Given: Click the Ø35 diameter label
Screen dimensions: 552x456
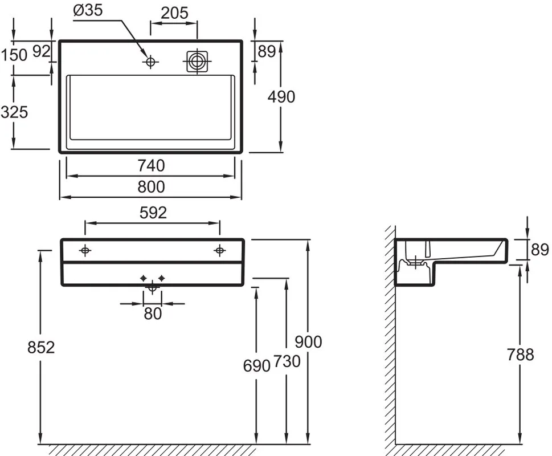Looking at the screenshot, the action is [x=88, y=10].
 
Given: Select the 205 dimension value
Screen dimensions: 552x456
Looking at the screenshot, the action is [x=175, y=13].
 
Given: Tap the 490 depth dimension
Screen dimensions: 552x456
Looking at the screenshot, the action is [x=281, y=97].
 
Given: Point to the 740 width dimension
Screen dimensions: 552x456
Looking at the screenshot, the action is [x=151, y=165].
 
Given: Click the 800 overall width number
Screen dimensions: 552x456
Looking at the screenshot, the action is [x=151, y=186].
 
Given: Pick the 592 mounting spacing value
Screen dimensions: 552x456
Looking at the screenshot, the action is [x=153, y=213].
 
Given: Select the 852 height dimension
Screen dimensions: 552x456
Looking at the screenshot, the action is [x=41, y=348].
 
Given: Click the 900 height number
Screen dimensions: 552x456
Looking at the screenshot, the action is [x=308, y=342].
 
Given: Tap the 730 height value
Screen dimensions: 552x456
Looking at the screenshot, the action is [x=287, y=361].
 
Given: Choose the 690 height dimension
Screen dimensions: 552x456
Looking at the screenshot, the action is [x=257, y=366].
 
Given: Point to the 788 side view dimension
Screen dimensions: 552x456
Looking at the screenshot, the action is [x=520, y=355].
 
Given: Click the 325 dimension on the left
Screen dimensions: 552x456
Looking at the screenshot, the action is [x=14, y=112].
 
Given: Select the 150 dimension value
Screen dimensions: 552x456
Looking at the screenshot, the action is [x=14, y=55].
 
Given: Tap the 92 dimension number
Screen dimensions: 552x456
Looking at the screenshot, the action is [x=42, y=52].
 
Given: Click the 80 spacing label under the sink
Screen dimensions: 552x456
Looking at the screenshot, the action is [x=153, y=313].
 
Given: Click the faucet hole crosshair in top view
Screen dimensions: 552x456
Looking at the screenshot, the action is [x=150, y=62].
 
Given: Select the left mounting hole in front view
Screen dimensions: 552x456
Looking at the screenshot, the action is [x=85, y=250].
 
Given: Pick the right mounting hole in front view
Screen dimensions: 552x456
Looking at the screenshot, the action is [x=220, y=250].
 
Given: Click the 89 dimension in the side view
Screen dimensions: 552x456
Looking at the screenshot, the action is [x=539, y=250].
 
